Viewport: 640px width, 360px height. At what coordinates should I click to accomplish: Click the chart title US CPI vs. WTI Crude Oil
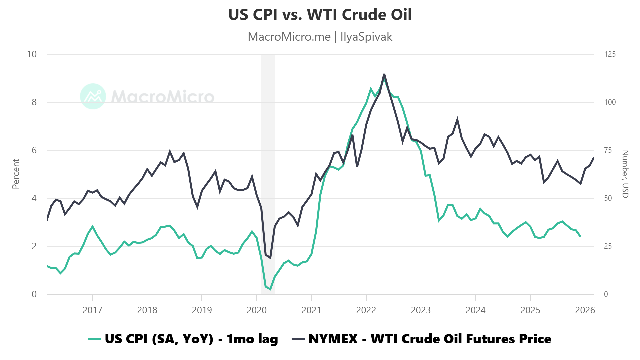pos(320,15)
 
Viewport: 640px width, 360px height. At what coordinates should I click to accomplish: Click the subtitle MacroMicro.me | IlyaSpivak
pos(320,37)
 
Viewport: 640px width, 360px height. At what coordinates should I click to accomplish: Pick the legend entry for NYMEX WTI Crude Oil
pos(422,339)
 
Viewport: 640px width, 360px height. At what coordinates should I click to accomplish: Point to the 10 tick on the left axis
pos(32,54)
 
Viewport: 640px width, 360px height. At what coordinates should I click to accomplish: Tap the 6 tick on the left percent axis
pos(34,150)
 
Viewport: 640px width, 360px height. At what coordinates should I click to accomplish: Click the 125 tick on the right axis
pos(610,54)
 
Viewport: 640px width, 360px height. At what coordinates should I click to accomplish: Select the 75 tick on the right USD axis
pos(608,150)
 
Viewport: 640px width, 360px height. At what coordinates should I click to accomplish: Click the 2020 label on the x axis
pos(256,310)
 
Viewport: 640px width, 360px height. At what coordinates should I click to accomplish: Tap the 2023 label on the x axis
pos(421,310)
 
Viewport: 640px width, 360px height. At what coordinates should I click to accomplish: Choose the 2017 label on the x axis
pos(92,310)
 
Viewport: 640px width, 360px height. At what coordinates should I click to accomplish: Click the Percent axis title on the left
pos(16,174)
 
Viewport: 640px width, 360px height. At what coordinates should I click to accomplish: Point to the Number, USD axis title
pos(625,174)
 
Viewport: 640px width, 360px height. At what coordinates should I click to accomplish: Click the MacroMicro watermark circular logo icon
pos(93,96)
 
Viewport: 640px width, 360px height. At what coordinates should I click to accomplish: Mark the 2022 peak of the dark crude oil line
pos(384,74)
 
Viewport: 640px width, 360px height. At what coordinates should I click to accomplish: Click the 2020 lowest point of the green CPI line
pos(270,289)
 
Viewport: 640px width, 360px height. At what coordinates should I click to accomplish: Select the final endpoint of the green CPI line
pos(580,236)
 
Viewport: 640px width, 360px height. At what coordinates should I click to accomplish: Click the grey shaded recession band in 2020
pos(268,167)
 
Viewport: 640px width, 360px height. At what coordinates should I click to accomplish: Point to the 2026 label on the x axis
pos(585,310)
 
